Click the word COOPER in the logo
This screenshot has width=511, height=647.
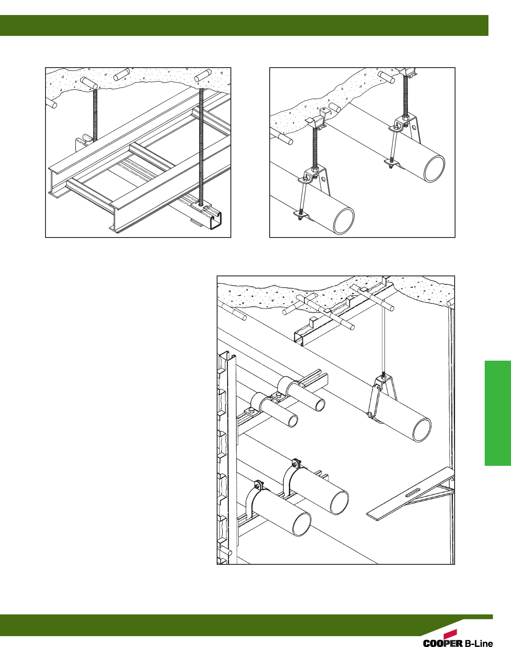(x=443, y=642)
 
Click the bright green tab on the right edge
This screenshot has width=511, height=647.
(x=498, y=413)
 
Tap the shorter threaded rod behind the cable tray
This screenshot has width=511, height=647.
(x=95, y=115)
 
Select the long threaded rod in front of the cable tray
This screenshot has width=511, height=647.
(x=201, y=147)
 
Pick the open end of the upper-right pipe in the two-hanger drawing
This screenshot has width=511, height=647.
(x=434, y=168)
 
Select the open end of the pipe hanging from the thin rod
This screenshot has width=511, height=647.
(x=422, y=430)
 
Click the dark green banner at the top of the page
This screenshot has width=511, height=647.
(x=244, y=25)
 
